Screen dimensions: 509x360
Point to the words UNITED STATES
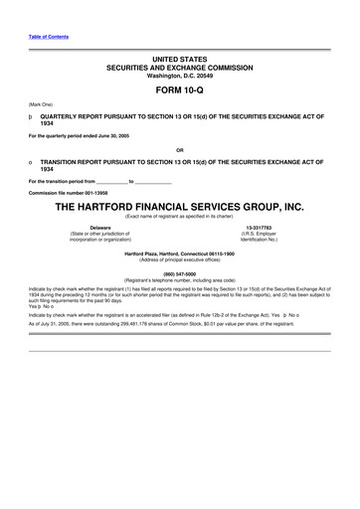[180, 61]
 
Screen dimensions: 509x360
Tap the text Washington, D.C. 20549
[180, 76]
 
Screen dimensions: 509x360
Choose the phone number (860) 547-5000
[180, 272]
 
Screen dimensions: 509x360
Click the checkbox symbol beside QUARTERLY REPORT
[32, 115]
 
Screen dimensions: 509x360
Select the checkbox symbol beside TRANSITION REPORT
[32, 160]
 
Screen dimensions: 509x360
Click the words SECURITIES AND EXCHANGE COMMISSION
[180, 69]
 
